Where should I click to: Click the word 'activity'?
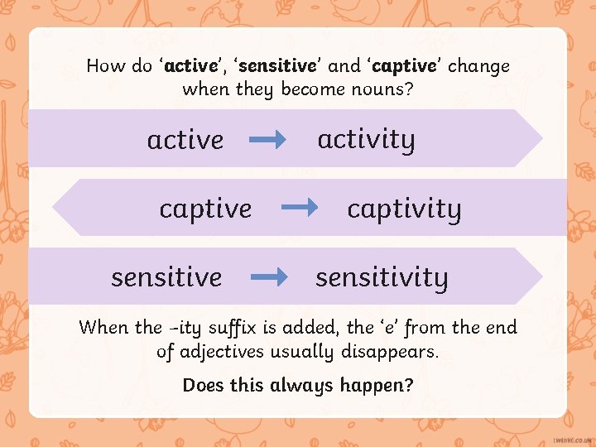[x=366, y=140]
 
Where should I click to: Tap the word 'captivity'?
[x=404, y=209]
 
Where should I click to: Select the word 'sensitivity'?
[x=382, y=277]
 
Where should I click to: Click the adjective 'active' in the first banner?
[x=185, y=140]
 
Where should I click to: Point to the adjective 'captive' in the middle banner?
[x=205, y=209]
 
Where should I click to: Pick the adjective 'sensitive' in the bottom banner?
[x=166, y=277]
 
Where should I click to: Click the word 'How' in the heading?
[x=105, y=65]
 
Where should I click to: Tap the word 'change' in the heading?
[x=480, y=65]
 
